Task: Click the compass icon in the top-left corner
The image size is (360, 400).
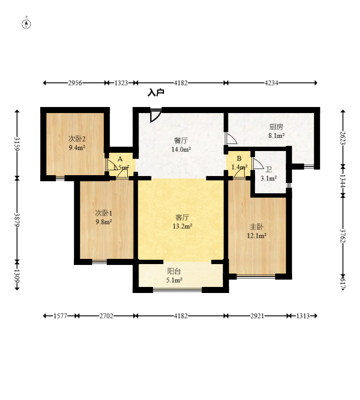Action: click(x=26, y=24)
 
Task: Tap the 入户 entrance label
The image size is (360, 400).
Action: click(x=156, y=92)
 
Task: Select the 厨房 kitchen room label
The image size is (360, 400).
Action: click(x=276, y=127)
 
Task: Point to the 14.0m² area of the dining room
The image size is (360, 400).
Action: click(x=181, y=149)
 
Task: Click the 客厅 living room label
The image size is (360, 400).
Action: click(x=182, y=217)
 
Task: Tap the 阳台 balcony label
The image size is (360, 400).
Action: click(x=174, y=271)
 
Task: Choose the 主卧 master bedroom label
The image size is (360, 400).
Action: click(x=256, y=227)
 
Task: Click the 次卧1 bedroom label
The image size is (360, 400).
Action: click(x=104, y=213)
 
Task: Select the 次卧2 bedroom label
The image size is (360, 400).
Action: click(x=77, y=139)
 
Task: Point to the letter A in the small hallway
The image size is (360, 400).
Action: click(x=120, y=159)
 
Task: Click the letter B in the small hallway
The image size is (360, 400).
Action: click(x=239, y=158)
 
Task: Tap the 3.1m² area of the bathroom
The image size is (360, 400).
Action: click(x=268, y=178)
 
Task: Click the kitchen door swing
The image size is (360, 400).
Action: click(x=231, y=138)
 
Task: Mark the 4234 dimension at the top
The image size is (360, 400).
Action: click(x=271, y=83)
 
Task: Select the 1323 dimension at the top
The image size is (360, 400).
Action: click(x=121, y=83)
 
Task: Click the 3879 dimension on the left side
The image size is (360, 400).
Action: click(x=17, y=220)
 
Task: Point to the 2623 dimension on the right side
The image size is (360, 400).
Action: click(x=343, y=138)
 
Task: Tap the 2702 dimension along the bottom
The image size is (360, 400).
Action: click(x=106, y=316)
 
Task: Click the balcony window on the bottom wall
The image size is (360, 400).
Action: click(x=177, y=290)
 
